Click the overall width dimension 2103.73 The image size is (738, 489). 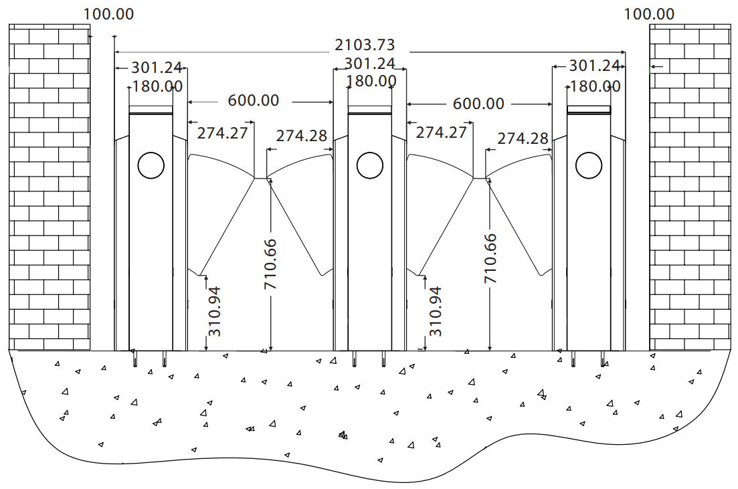pos(364,45)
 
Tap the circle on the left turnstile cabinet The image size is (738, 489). pos(151,165)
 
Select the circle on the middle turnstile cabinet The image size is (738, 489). pos(370,165)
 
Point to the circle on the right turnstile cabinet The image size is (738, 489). pos(589,165)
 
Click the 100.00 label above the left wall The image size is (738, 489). pos(108,14)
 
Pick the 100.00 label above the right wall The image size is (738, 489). pos(649,14)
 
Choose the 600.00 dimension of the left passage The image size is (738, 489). pos(253,100)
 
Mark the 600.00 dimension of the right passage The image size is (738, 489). pos(478,104)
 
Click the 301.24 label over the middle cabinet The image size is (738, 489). pos(369,64)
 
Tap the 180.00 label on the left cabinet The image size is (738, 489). pos(157,86)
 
